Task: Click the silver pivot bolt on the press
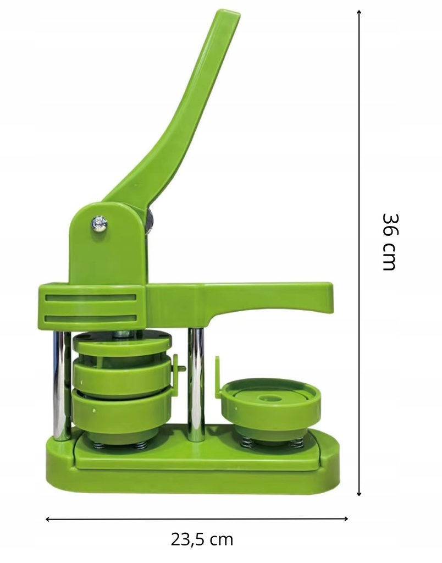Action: click(99, 224)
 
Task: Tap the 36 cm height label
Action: click(389, 241)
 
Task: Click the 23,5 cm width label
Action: click(202, 539)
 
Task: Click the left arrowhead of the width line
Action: click(48, 519)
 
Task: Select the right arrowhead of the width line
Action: click(346, 518)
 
